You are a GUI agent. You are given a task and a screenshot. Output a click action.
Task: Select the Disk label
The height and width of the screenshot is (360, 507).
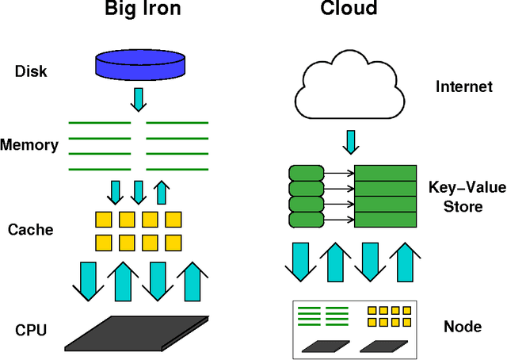tap(31, 72)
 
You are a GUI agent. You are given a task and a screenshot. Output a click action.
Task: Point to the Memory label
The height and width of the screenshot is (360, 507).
tap(29, 145)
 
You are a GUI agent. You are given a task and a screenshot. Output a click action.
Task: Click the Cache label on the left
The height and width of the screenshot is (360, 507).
tap(31, 230)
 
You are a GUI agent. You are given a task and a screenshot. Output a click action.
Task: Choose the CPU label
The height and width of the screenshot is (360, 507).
tap(31, 327)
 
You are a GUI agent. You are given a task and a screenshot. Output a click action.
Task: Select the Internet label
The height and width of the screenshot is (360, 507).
tap(464, 86)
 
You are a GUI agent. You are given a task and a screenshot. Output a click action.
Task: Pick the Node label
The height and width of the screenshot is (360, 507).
tap(463, 327)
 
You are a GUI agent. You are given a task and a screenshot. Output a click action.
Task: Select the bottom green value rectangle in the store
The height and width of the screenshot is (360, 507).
tap(386, 220)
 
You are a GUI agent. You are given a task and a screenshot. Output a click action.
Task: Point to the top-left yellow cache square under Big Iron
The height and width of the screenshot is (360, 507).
tap(103, 220)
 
